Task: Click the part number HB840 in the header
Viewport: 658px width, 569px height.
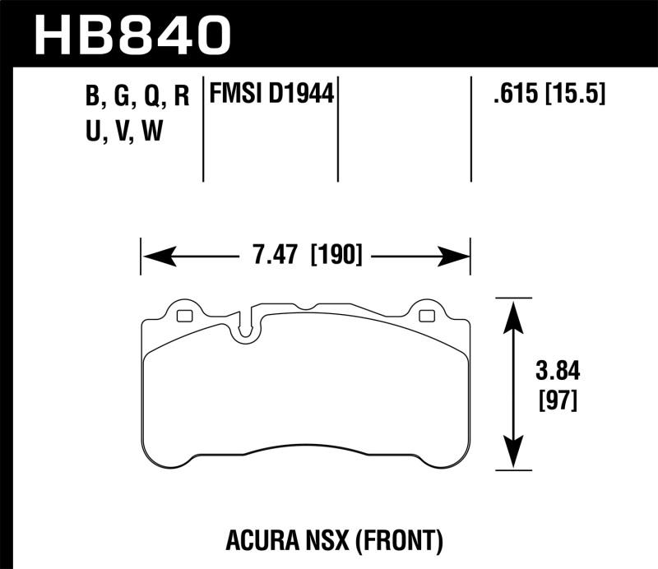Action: pos(131,35)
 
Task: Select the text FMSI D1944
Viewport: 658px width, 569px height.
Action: pos(271,95)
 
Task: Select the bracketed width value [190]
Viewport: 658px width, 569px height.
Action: pos(336,256)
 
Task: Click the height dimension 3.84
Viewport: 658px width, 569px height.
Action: pos(558,372)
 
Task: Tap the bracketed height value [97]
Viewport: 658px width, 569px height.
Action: pos(558,400)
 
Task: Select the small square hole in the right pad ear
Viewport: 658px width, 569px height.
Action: pos(426,316)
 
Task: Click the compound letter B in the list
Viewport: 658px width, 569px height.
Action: pos(91,97)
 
